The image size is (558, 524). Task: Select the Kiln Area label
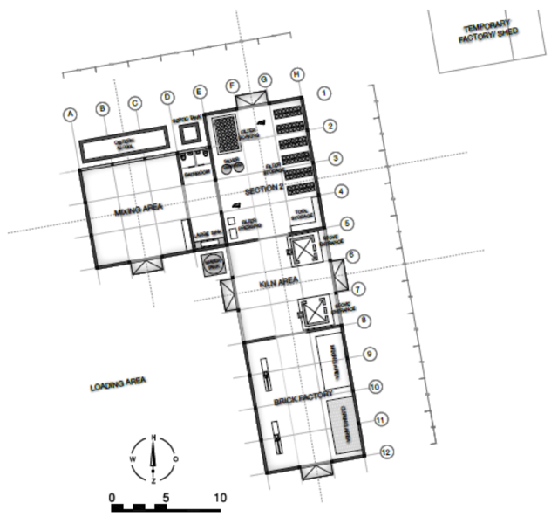click(x=280, y=283)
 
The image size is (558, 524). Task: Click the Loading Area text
click(x=118, y=383)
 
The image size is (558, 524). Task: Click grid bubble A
click(x=71, y=114)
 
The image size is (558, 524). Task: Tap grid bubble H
click(x=297, y=75)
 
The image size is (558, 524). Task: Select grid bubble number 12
click(x=386, y=452)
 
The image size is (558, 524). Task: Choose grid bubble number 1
click(x=323, y=92)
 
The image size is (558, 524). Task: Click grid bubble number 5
click(x=347, y=224)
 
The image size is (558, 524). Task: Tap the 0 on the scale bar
click(x=112, y=497)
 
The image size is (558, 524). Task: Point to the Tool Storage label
click(x=303, y=212)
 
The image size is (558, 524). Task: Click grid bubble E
click(x=200, y=93)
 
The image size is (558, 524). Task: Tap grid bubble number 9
click(x=369, y=354)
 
